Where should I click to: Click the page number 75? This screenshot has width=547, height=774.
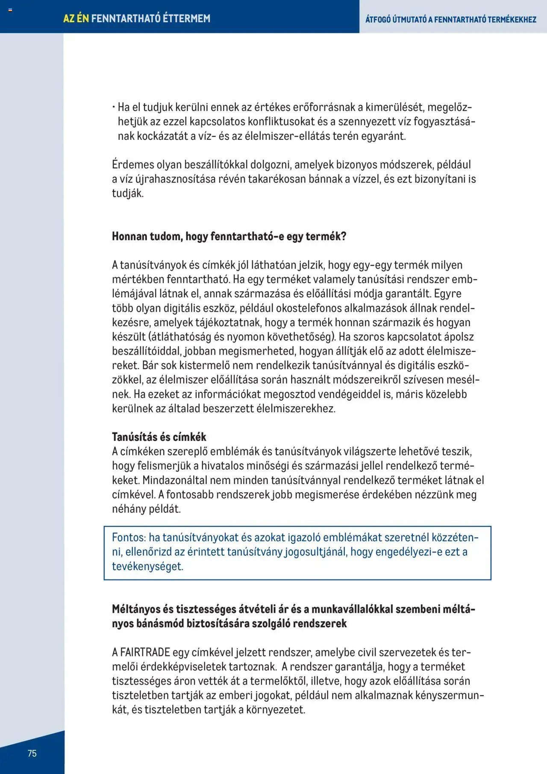(x=32, y=753)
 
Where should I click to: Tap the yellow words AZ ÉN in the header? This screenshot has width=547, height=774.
(x=76, y=18)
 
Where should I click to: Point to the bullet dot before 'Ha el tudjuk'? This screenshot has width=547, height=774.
(x=114, y=107)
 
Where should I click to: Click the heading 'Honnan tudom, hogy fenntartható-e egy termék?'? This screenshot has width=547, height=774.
(x=229, y=236)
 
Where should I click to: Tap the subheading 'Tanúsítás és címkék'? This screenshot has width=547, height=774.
(x=159, y=437)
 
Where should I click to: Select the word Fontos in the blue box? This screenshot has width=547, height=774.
(x=129, y=538)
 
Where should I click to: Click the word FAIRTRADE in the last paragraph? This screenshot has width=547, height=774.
(x=145, y=653)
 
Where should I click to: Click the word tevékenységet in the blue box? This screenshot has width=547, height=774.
(x=147, y=567)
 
